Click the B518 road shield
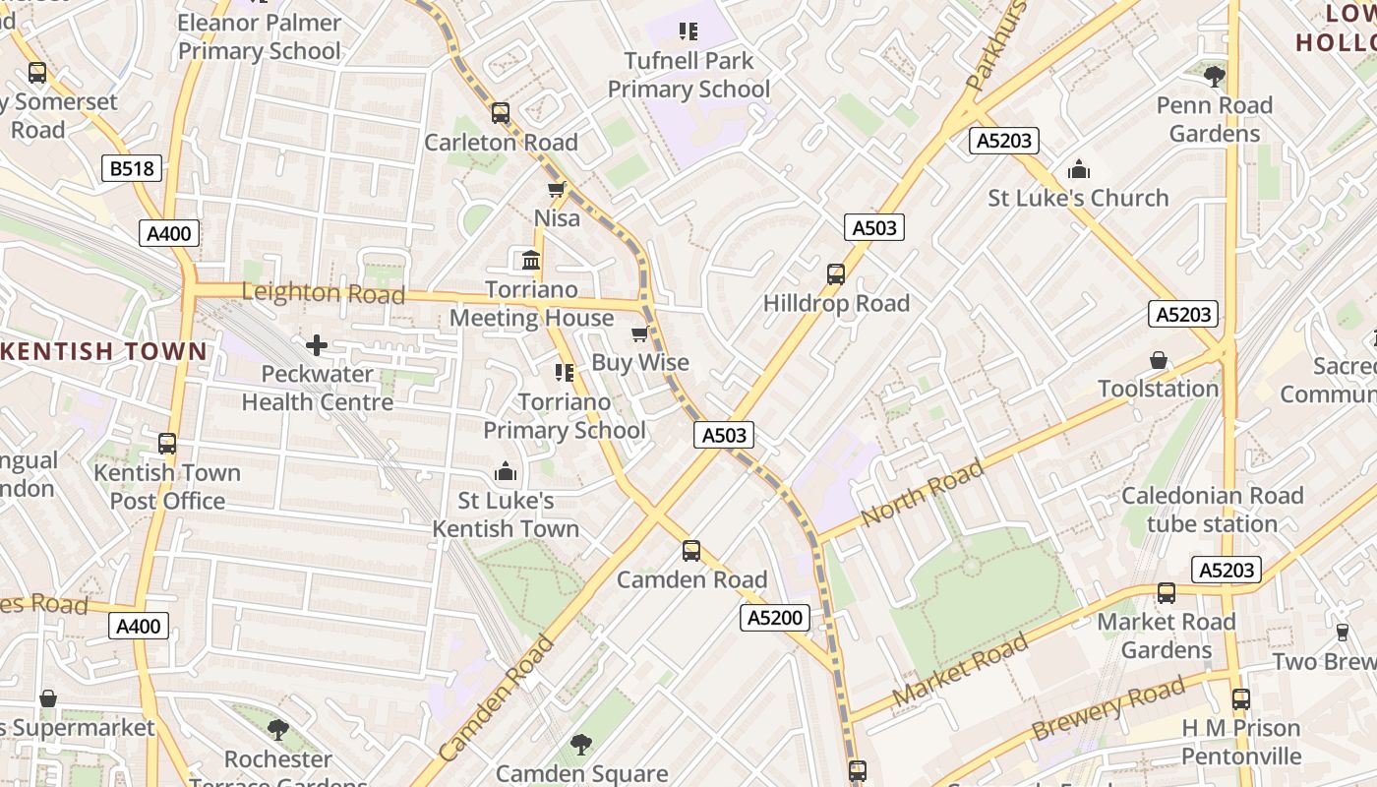132,168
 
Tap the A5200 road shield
776,618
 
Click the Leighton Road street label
323,293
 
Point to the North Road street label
922,493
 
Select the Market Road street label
960,670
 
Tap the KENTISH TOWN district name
103,351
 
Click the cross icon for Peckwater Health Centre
317,345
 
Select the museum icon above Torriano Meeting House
531,261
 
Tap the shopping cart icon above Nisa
557,189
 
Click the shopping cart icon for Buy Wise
640,333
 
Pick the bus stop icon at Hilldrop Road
836,274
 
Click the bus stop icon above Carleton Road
501,113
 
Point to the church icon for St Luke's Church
1079,169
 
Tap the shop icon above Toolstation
1159,360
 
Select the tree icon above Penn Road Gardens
1215,76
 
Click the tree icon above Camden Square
581,745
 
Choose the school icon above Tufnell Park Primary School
688,31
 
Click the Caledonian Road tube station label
1212,510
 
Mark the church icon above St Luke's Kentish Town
506,472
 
